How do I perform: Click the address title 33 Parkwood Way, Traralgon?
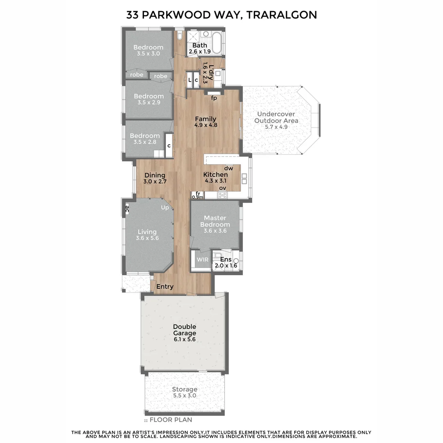(x=221, y=15)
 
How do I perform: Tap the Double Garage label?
(x=184, y=333)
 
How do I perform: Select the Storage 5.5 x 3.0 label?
(x=184, y=392)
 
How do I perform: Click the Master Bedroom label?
(x=215, y=224)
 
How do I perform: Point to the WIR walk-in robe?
(x=202, y=260)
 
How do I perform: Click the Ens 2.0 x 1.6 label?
(x=226, y=262)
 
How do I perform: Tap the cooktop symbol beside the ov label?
(x=223, y=195)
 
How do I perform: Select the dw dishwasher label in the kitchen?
(x=228, y=168)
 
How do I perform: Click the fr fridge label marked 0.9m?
(x=198, y=195)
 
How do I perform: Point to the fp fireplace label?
(x=214, y=98)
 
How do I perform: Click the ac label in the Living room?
(x=127, y=209)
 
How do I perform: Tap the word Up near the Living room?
(x=165, y=208)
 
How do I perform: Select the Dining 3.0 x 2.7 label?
(x=155, y=178)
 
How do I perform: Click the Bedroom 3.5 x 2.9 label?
(x=148, y=99)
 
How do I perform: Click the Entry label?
(x=165, y=287)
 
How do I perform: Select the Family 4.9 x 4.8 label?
(x=205, y=122)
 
